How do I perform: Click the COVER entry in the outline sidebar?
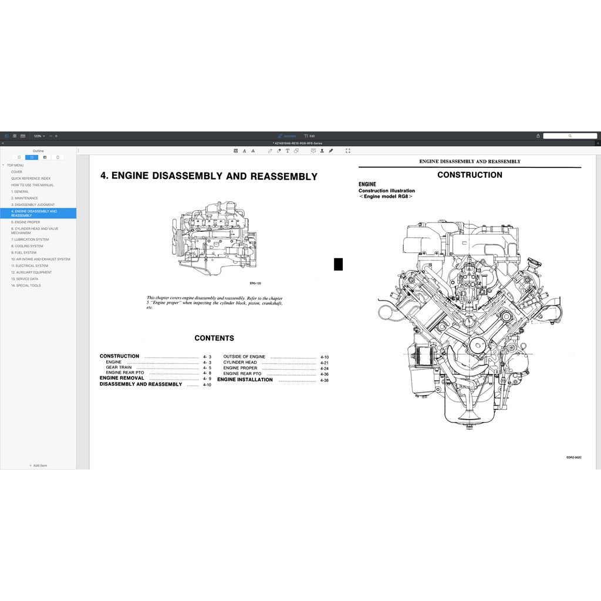[16, 172]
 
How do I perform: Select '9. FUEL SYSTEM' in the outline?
[23, 252]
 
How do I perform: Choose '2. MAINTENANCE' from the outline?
[24, 198]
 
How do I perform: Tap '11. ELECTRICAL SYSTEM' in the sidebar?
[29, 266]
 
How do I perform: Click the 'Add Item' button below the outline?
[38, 465]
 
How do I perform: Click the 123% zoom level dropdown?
[39, 136]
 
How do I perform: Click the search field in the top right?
[569, 136]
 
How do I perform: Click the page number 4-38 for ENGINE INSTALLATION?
[325, 380]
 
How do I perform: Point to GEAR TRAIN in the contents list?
[119, 367]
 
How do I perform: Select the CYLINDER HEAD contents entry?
[239, 363]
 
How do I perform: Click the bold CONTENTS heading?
[214, 338]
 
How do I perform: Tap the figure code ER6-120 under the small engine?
[255, 283]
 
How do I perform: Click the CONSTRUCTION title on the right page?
[470, 175]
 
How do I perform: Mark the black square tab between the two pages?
[338, 264]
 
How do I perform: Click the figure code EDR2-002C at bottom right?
[573, 457]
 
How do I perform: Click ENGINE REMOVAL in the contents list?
[121, 379]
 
